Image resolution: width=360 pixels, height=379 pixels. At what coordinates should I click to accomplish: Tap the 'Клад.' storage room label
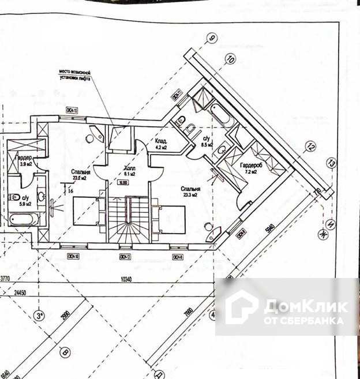click(x=162, y=141)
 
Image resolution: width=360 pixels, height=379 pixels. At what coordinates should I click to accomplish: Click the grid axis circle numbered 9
click(x=212, y=39)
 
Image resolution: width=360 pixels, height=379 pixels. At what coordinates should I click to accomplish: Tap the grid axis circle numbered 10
click(x=231, y=58)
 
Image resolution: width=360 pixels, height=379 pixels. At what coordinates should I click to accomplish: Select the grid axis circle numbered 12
click(x=312, y=147)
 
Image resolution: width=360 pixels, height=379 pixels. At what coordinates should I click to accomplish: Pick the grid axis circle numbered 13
click(x=331, y=163)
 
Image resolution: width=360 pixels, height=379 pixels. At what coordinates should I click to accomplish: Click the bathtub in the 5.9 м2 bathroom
click(x=24, y=219)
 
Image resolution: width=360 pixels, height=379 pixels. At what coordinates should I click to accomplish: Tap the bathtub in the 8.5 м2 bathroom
click(x=219, y=112)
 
